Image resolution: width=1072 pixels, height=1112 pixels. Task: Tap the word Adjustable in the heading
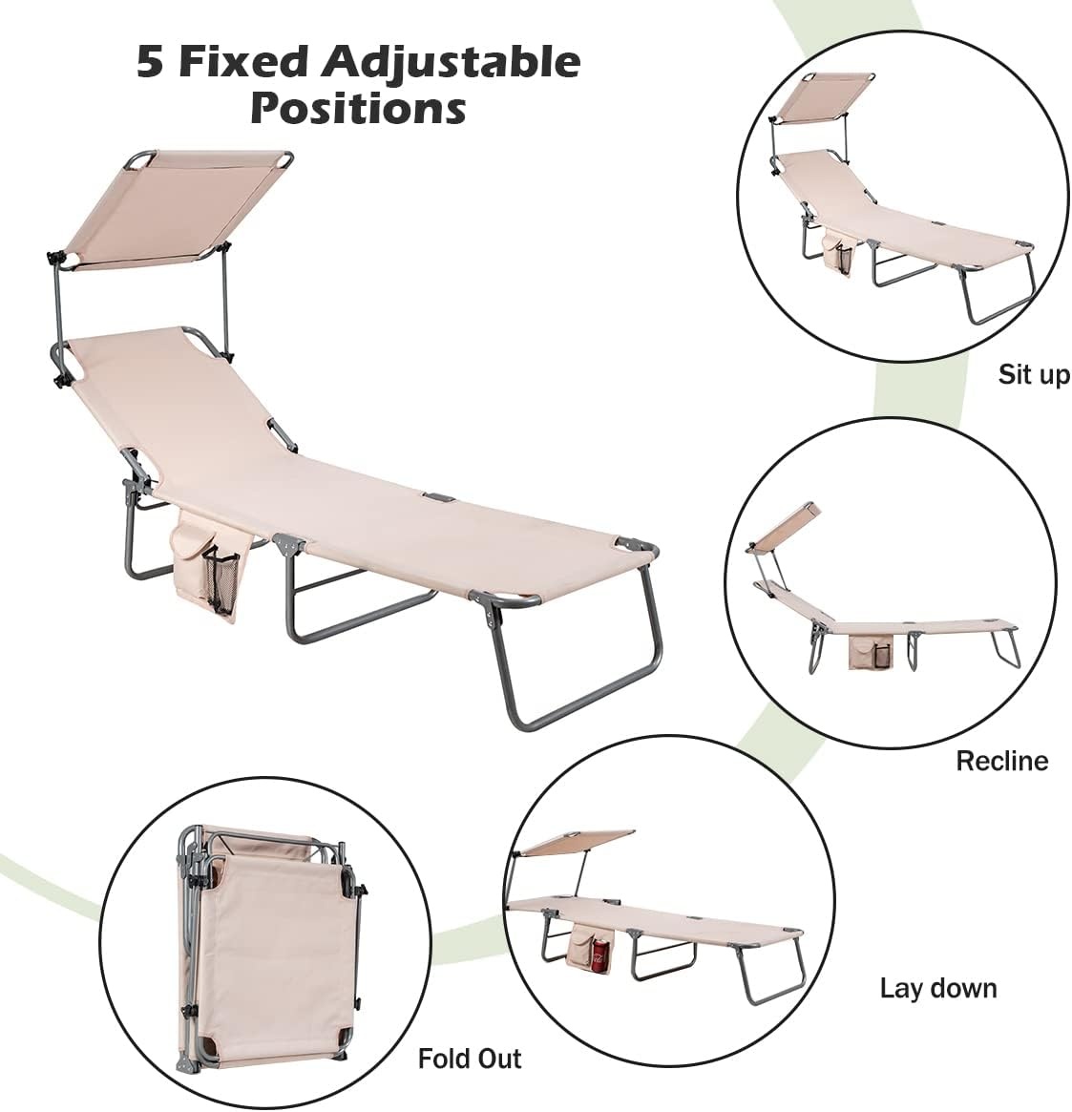[451, 63]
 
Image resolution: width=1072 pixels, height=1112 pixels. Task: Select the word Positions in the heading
[358, 109]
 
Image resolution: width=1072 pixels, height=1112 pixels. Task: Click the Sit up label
[1034, 374]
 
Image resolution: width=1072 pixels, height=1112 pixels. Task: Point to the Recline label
[1001, 761]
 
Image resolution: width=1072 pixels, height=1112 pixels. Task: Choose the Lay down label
[938, 989]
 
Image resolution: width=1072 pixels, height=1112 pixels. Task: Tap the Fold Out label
[470, 1059]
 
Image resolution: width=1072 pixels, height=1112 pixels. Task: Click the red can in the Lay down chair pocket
[599, 956]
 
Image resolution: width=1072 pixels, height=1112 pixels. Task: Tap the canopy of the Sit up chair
[822, 97]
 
